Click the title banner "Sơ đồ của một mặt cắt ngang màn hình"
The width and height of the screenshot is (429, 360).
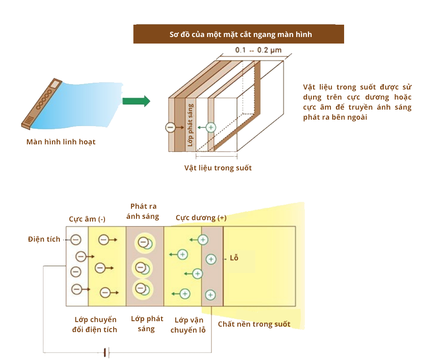pyautogui.click(x=238, y=34)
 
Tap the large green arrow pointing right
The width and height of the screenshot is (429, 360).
pyautogui.click(x=136, y=101)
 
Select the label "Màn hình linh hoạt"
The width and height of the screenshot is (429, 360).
pyautogui.click(x=61, y=142)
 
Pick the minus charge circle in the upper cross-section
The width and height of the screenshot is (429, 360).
pyautogui.click(x=170, y=127)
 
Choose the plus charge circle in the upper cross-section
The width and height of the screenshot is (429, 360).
pyautogui.click(x=210, y=127)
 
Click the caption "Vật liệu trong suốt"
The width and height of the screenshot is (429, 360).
pyautogui.click(x=218, y=168)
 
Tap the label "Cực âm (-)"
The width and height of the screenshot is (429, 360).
pyautogui.click(x=87, y=219)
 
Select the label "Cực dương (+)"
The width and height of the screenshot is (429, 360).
pyautogui.click(x=201, y=218)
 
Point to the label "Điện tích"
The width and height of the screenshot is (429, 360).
pyautogui.click(x=44, y=239)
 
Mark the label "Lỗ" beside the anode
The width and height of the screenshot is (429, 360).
pyautogui.click(x=234, y=258)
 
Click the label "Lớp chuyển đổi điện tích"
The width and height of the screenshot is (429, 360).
pyautogui.click(x=95, y=324)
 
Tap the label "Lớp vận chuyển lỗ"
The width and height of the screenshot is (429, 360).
pyautogui.click(x=188, y=325)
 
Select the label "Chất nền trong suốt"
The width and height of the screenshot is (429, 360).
pyautogui.click(x=254, y=324)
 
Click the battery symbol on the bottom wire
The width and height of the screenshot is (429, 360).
pyautogui.click(x=106, y=353)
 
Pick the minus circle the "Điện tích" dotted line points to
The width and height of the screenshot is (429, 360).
pyautogui.click(x=76, y=239)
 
